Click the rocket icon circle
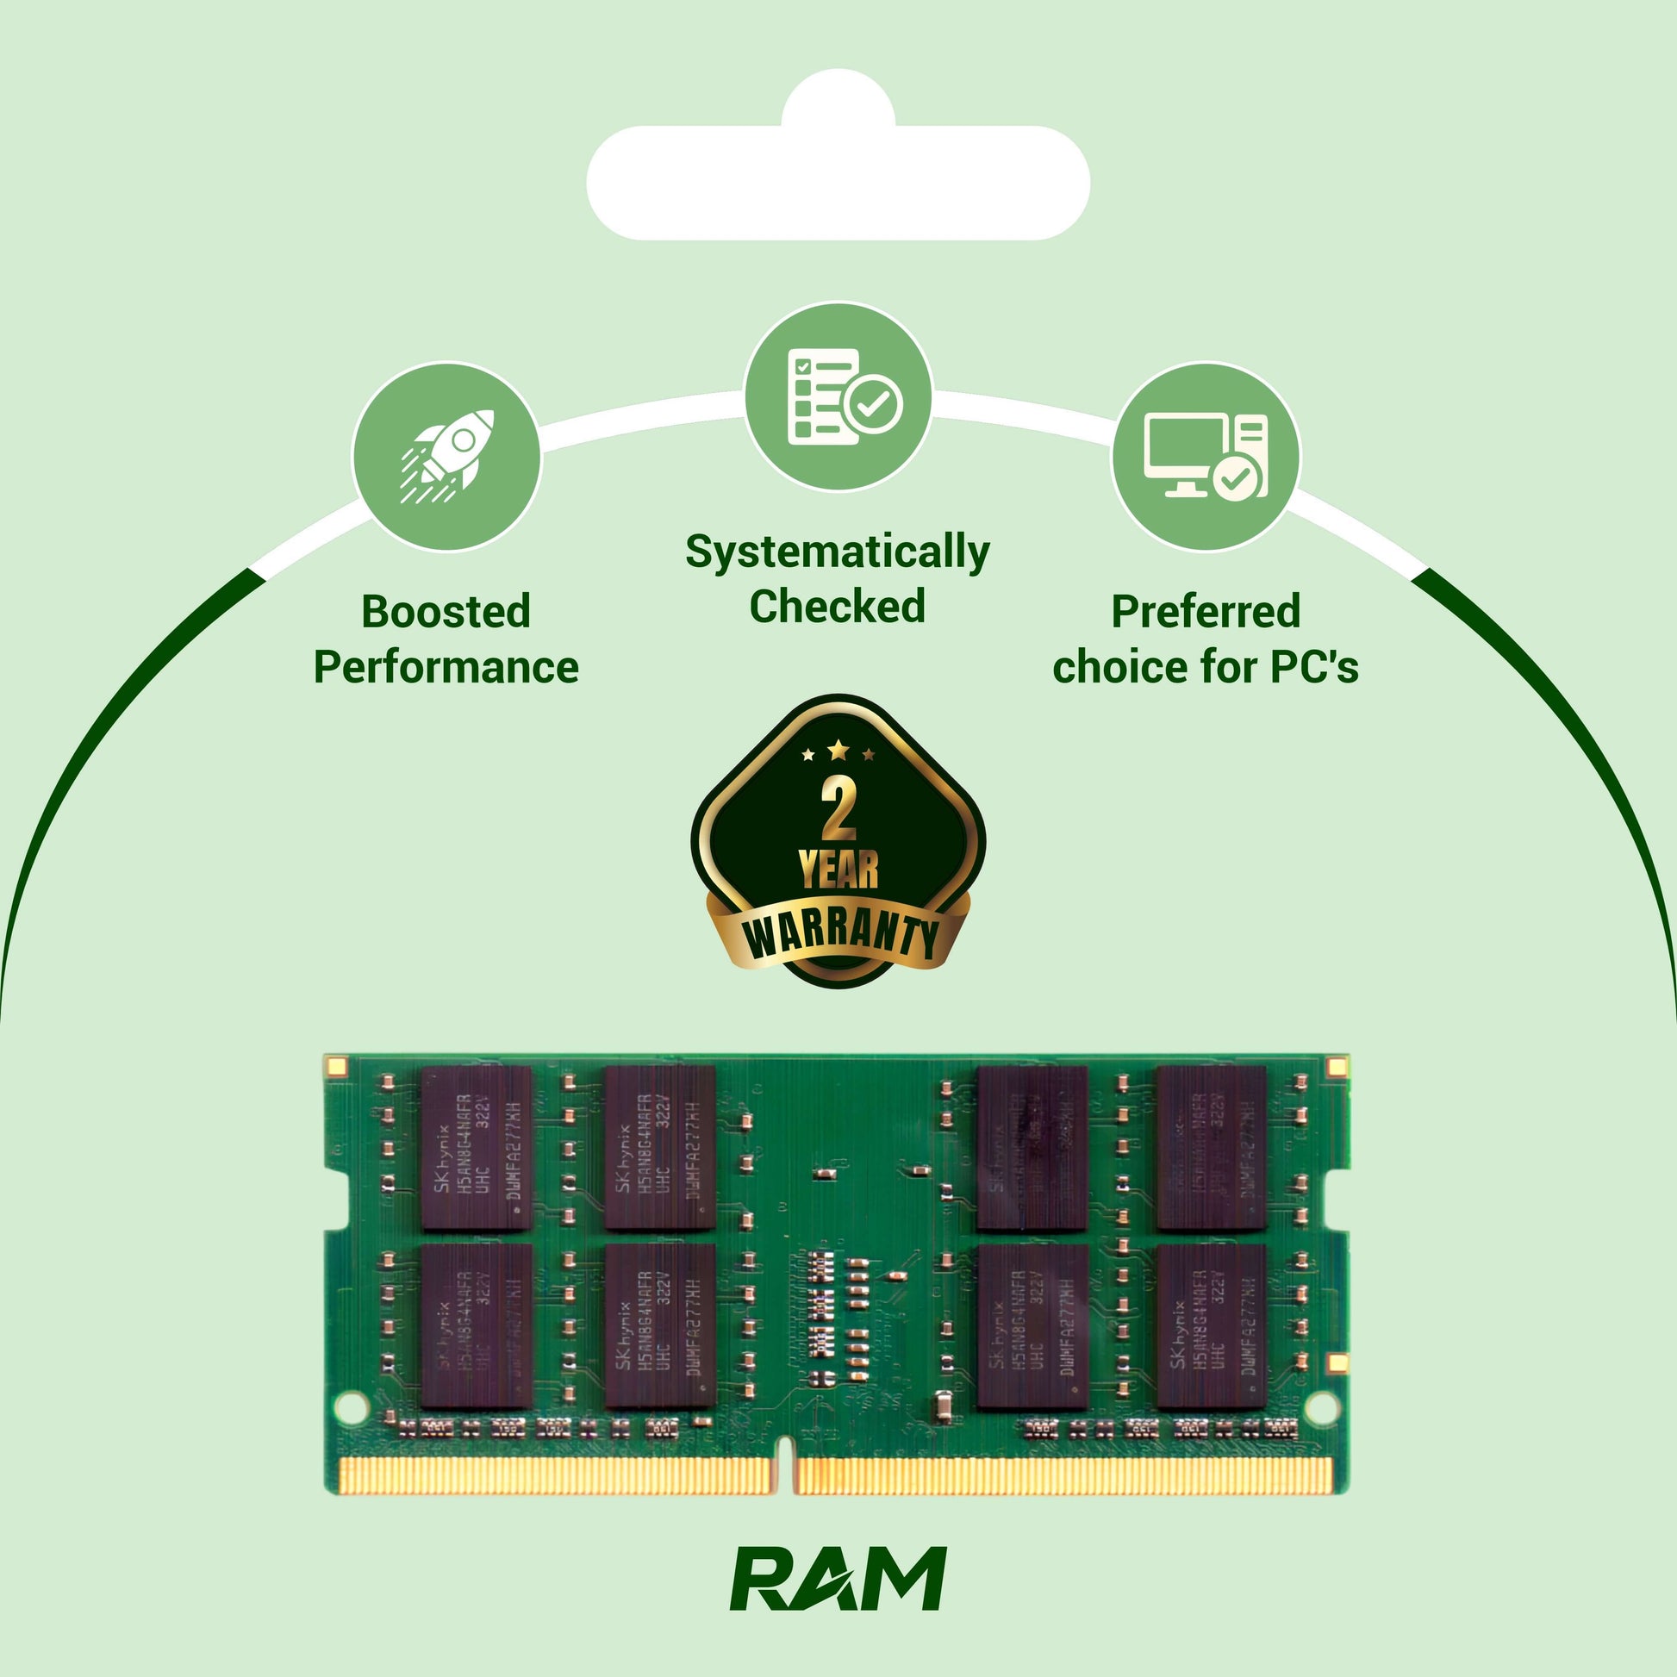click(x=446, y=457)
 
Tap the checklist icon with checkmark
click(x=838, y=396)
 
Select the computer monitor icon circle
click(x=1206, y=457)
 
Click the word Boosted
click(x=446, y=612)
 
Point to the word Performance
click(x=446, y=668)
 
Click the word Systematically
click(x=838, y=552)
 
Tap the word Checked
click(x=838, y=607)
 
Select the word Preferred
click(x=1206, y=612)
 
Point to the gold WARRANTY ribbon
click(x=838, y=937)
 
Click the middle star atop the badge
click(x=838, y=749)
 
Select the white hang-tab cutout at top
click(x=838, y=173)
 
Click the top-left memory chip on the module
click(x=476, y=1149)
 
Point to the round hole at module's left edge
click(x=350, y=1406)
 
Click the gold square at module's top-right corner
click(x=1337, y=1066)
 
